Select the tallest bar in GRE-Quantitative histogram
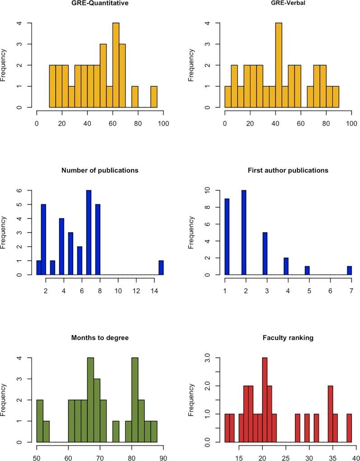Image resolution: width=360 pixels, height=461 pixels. pyautogui.click(x=116, y=65)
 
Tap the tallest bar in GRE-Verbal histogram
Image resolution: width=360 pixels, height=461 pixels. pyautogui.click(x=279, y=65)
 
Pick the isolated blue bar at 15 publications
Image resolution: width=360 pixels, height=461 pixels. pyautogui.click(x=161, y=268)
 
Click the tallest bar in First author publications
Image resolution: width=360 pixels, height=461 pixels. pyautogui.click(x=244, y=232)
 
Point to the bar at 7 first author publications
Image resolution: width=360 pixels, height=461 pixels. pyautogui.click(x=349, y=270)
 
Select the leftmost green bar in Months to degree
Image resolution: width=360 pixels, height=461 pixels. pyautogui.click(x=40, y=421)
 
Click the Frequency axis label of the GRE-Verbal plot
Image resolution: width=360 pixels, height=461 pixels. pyautogui.click(x=192, y=66)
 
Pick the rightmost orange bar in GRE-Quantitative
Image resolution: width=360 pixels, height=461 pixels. pyautogui.click(x=154, y=97)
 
